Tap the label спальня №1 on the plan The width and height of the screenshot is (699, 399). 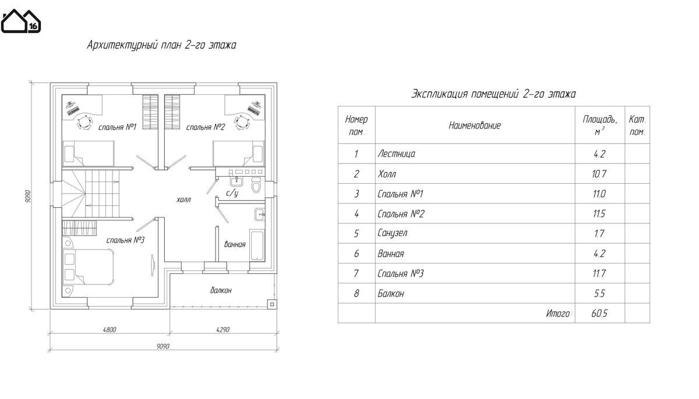(117, 127)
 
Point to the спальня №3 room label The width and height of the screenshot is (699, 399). (125, 240)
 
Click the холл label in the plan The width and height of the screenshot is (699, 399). (183, 199)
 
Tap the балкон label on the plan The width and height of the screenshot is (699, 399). (221, 290)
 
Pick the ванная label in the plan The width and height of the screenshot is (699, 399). (235, 244)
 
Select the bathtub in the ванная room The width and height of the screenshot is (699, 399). (256, 244)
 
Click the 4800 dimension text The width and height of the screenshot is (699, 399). (110, 330)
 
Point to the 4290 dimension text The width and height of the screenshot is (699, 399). (223, 330)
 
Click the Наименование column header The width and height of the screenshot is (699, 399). (475, 125)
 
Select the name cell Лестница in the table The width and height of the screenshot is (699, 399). (396, 155)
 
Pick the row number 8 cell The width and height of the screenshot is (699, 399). (356, 294)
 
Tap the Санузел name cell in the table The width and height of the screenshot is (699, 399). (393, 234)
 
